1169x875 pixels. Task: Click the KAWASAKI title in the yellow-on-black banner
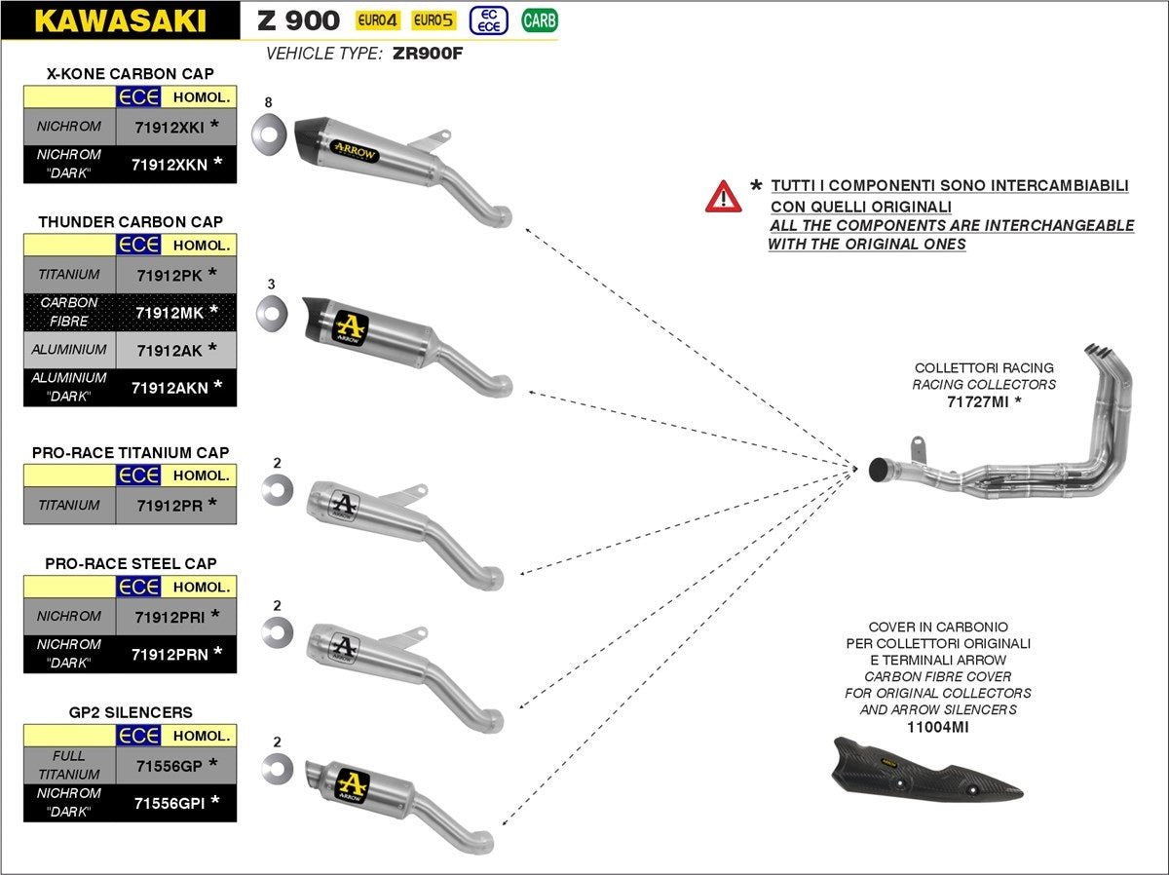pos(120,20)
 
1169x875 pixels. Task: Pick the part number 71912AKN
pos(168,387)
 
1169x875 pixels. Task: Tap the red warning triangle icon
pos(723,197)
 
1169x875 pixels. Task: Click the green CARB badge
pos(540,19)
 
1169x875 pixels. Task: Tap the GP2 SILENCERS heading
pos(130,712)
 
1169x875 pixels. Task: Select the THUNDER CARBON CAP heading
pos(130,222)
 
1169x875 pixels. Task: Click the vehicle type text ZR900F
pos(428,54)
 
